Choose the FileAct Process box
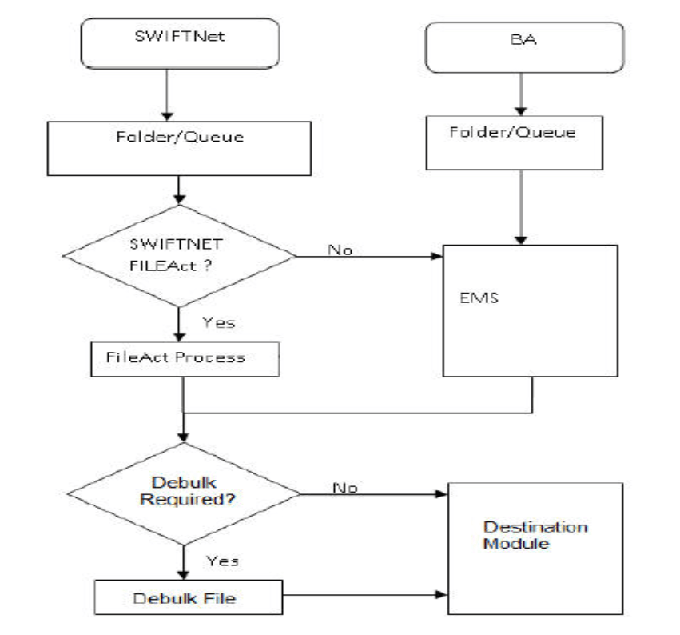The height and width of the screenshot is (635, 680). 183,358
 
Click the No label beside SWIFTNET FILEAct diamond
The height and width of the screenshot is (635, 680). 340,250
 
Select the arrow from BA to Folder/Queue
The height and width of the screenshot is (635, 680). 522,94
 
